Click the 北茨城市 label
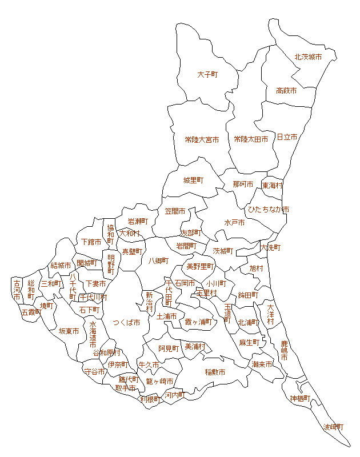pos(308,57)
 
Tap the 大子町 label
pos(208,75)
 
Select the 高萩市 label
pos(286,91)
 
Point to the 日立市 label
pos(287,138)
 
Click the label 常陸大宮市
pos(202,139)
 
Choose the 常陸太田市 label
pos(251,139)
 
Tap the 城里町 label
pos(193,181)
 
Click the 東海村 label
pos(273,186)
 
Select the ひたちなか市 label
pos(269,210)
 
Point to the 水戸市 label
pos(234,223)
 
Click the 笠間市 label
pos(175,211)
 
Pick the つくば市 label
pos(126,323)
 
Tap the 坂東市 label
pos(69,331)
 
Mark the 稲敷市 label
pos(215,372)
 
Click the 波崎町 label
pos(334,427)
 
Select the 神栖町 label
pos(300,398)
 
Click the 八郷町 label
pos(159,261)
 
